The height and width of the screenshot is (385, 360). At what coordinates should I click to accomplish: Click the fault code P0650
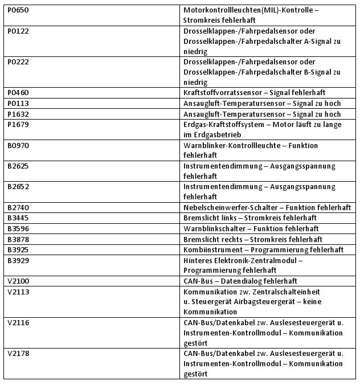pyautogui.click(x=18, y=10)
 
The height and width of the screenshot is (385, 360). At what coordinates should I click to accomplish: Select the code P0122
pyautogui.click(x=18, y=31)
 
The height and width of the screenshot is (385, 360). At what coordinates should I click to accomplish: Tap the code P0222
pyautogui.click(x=18, y=62)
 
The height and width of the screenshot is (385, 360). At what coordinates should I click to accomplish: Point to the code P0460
pyautogui.click(x=18, y=93)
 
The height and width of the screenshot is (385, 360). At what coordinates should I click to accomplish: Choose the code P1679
pyautogui.click(x=18, y=124)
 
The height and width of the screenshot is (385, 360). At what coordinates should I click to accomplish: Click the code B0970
pyautogui.click(x=18, y=145)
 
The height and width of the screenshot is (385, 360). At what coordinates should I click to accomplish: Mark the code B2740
pyautogui.click(x=18, y=208)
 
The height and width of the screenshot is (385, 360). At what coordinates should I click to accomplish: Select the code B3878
pyautogui.click(x=18, y=239)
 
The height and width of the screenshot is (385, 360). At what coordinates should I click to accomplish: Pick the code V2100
pyautogui.click(x=18, y=281)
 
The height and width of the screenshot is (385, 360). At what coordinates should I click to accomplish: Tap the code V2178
pyautogui.click(x=18, y=354)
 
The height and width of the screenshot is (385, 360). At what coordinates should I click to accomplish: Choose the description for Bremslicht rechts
pyautogui.click(x=253, y=239)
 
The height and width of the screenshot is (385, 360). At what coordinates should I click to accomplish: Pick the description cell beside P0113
pyautogui.click(x=262, y=103)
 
